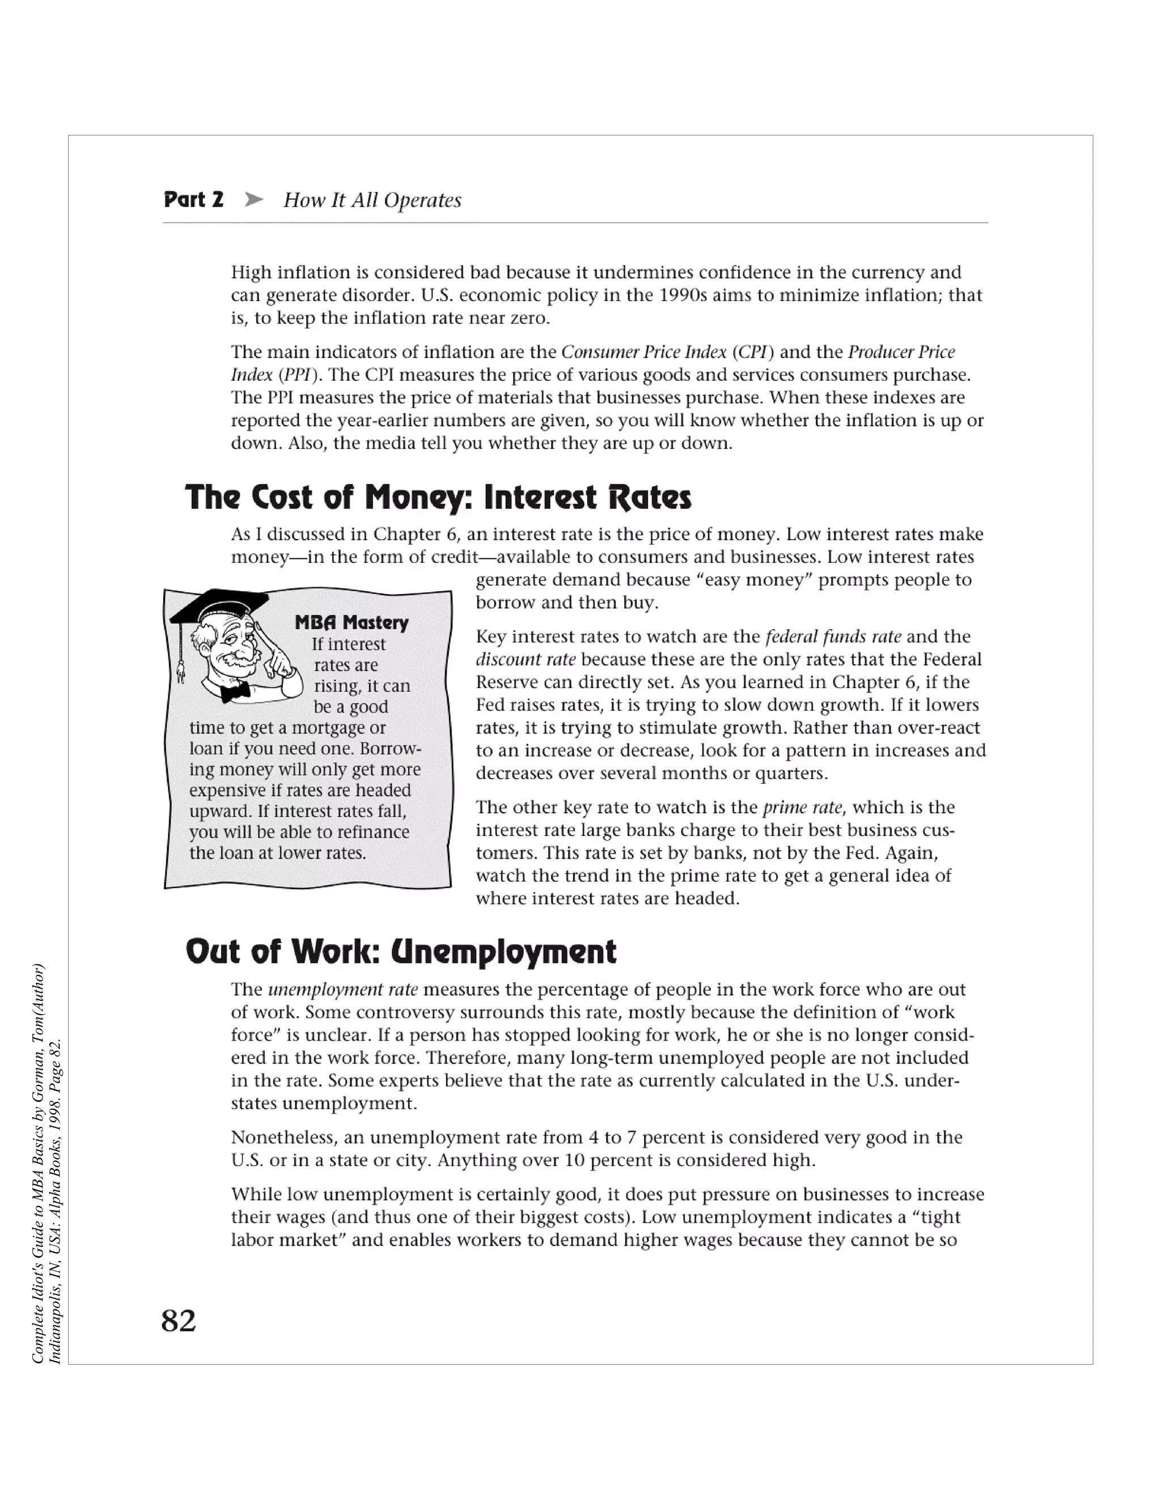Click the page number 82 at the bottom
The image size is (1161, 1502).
coord(178,1321)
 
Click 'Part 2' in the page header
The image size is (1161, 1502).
coord(193,200)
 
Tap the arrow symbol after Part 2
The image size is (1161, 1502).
coord(254,200)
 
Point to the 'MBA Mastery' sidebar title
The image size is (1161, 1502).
coord(351,622)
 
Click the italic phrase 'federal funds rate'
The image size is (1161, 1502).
coord(833,637)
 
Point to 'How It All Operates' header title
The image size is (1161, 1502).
coord(372,200)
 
